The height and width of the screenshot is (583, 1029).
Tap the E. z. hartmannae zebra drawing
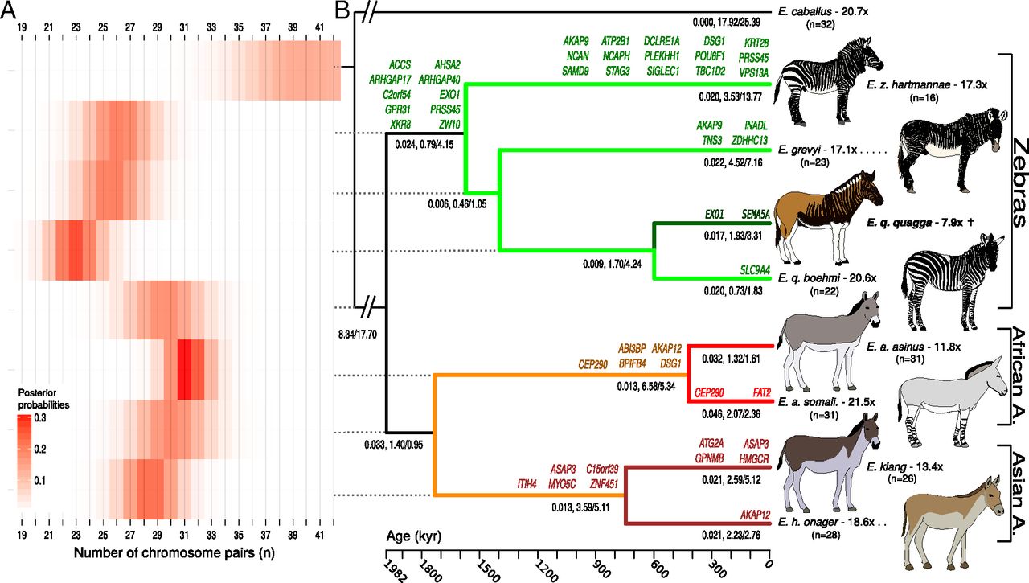832,69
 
